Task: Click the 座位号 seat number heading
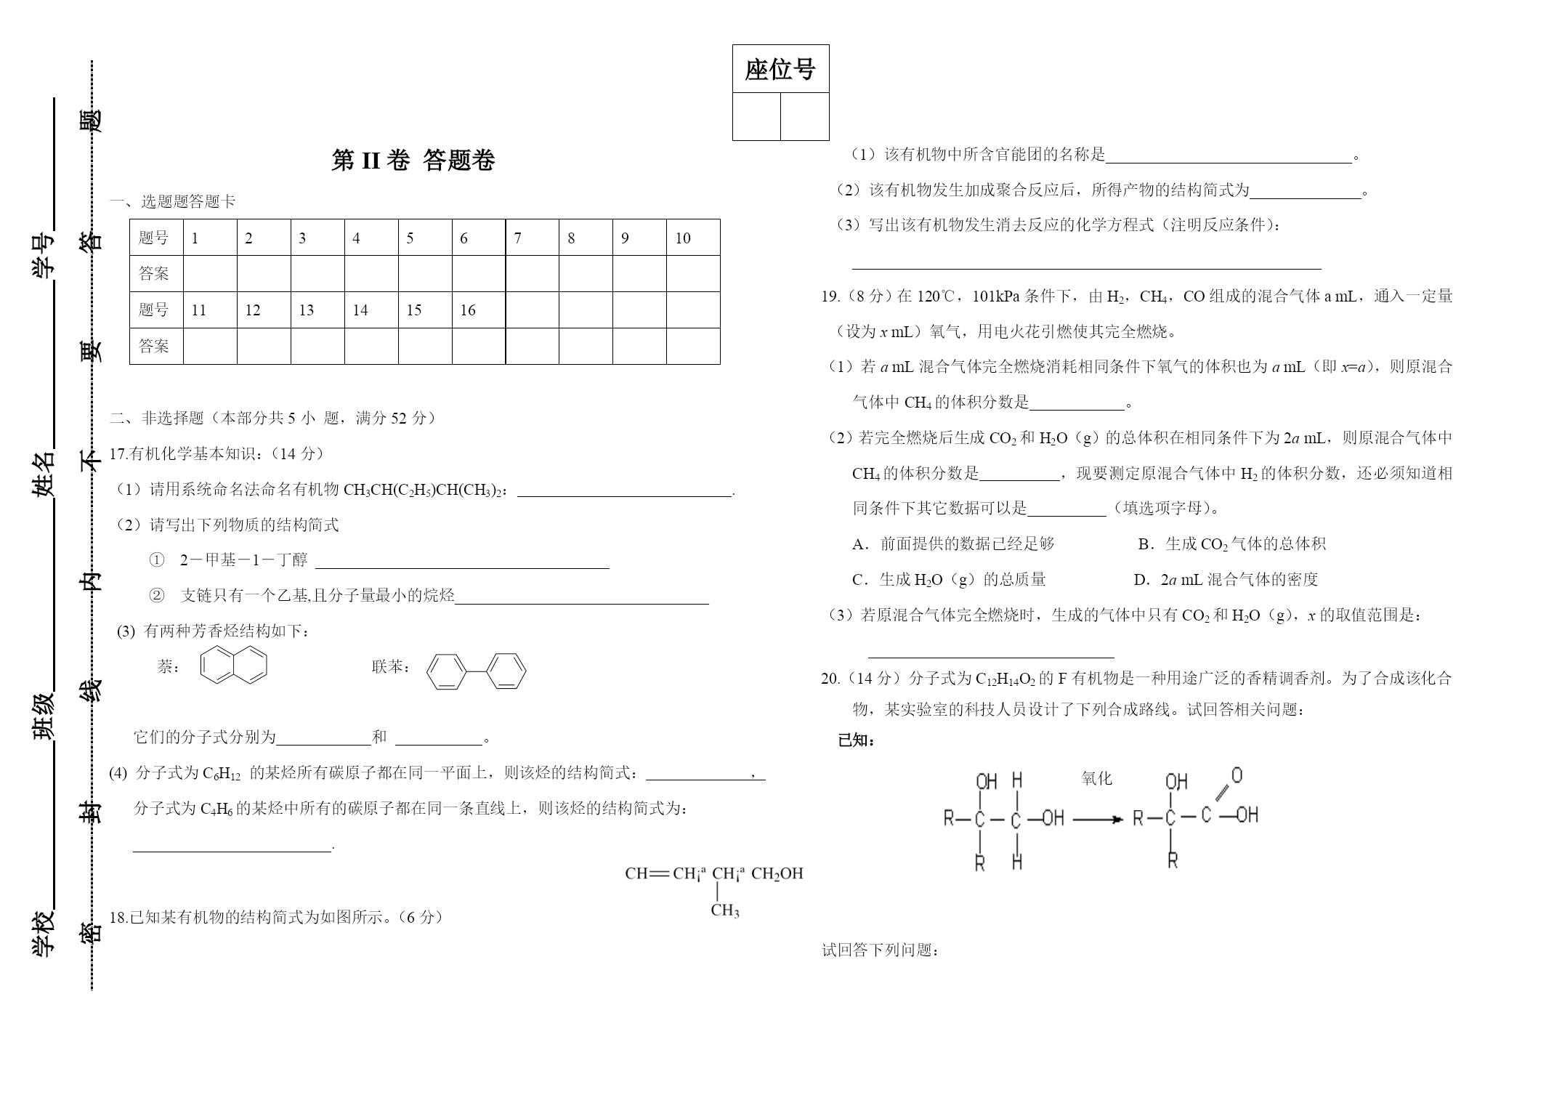pyautogui.click(x=780, y=70)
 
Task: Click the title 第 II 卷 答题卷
pyautogui.click(x=413, y=160)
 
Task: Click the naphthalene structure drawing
pyautogui.click(x=234, y=665)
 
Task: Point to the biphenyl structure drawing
pyautogui.click(x=476, y=671)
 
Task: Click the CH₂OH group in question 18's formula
pyautogui.click(x=777, y=873)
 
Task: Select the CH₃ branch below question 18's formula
pyautogui.click(x=725, y=910)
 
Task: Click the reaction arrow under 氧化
pyautogui.click(x=1098, y=820)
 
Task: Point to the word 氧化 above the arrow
pyautogui.click(x=1096, y=778)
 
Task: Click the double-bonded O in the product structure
pyautogui.click(x=1237, y=775)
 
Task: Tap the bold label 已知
pyautogui.click(x=856, y=740)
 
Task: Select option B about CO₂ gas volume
pyautogui.click(x=1232, y=544)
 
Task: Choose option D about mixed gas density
pyautogui.click(x=1226, y=580)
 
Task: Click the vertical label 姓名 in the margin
pyautogui.click(x=44, y=474)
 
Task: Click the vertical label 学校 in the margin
pyautogui.click(x=44, y=933)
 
